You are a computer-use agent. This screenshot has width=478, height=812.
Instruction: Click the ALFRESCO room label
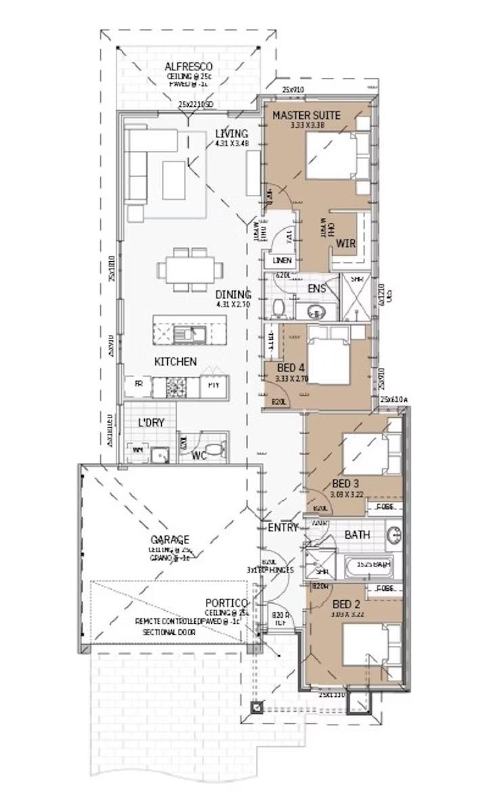point(188,66)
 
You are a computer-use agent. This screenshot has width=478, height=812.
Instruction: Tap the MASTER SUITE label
point(306,116)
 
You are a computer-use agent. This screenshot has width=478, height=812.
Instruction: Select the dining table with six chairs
point(190,269)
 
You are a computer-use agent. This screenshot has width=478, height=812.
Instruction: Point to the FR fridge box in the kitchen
point(138,384)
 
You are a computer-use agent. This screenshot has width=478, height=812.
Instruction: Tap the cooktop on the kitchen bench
point(176,386)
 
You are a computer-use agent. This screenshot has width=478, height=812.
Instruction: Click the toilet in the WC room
point(214,449)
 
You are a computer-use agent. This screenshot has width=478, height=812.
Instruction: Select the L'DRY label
point(152,422)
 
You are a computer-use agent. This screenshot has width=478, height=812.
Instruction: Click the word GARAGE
point(170,540)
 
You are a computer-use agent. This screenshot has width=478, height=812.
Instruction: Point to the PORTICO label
point(227,602)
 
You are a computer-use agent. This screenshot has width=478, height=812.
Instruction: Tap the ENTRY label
point(283,528)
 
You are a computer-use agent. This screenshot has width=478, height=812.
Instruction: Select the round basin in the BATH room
point(395,536)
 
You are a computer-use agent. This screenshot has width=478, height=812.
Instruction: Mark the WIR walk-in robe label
point(345,242)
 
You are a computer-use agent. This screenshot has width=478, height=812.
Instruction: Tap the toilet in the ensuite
point(278,309)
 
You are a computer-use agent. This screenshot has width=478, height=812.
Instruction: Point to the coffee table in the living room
point(173,180)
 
